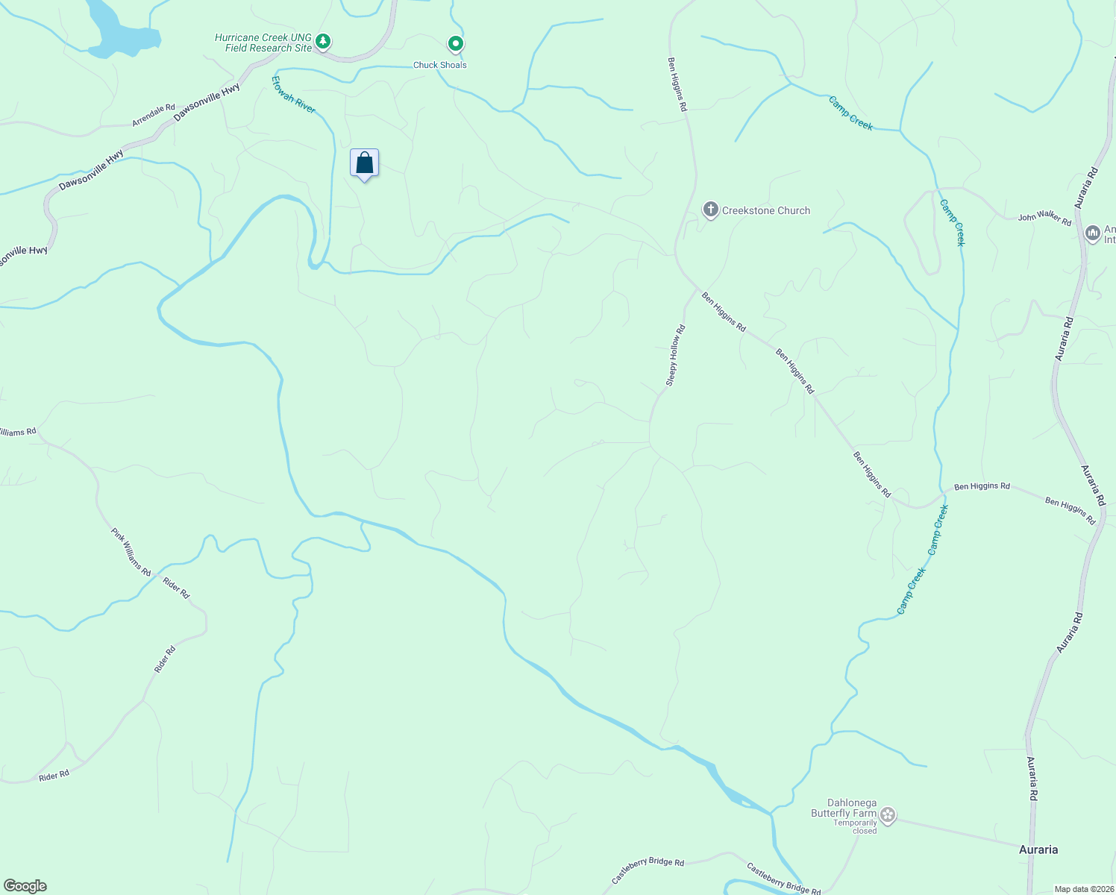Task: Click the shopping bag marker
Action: point(364,163)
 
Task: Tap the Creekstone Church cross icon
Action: point(711,210)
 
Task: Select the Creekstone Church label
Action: point(765,211)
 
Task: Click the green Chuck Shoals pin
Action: point(455,44)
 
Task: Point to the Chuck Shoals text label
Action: point(440,65)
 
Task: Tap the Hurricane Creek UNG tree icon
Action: point(322,41)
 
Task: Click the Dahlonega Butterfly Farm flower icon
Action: point(887,814)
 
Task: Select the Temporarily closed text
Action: point(855,827)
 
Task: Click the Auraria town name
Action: point(1038,850)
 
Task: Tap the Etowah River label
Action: point(293,95)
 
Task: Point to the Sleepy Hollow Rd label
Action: point(674,356)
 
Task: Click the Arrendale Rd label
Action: point(154,115)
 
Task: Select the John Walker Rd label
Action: point(1044,218)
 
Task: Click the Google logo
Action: point(25,886)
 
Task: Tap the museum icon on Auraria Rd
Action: point(1093,233)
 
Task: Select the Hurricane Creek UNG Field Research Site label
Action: point(263,43)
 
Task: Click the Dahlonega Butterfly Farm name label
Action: point(844,808)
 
